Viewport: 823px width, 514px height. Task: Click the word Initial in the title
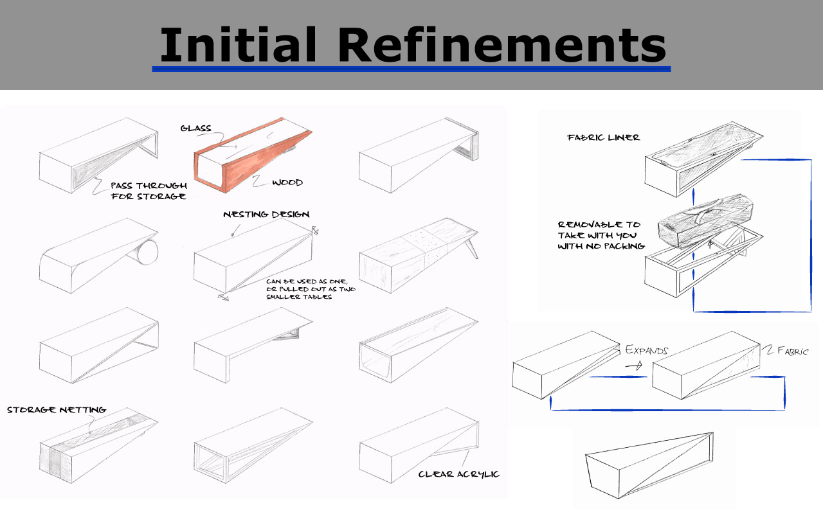point(238,44)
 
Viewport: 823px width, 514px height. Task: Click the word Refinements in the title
point(502,44)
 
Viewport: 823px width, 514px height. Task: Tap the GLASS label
point(196,128)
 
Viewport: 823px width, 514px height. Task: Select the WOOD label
point(287,182)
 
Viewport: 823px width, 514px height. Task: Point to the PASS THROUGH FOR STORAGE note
point(149,191)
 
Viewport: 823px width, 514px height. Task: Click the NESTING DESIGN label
point(266,215)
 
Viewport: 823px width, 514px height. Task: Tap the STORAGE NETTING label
point(57,410)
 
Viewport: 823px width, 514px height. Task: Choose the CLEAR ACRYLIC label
point(459,474)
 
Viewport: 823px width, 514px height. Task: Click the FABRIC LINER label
point(603,137)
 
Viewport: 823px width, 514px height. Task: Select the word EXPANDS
point(647,350)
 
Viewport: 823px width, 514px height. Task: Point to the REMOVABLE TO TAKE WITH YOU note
point(601,235)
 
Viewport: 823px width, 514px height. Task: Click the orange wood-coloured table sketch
point(253,154)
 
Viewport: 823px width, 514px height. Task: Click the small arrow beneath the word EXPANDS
point(634,366)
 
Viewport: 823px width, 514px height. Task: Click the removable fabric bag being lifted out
point(705,222)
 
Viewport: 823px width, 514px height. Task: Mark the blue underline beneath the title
point(411,69)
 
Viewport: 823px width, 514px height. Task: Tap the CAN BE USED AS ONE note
point(311,289)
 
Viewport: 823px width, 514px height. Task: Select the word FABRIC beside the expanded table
point(793,351)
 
